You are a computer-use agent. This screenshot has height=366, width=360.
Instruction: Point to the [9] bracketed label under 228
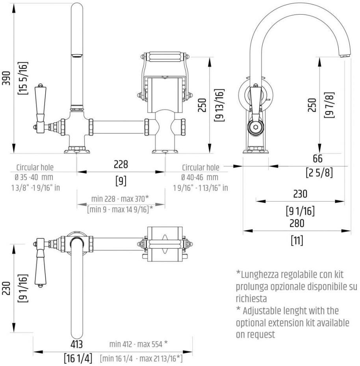(121, 181)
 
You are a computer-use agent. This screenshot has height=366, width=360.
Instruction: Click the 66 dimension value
(317, 159)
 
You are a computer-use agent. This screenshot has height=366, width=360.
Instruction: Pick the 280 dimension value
(297, 223)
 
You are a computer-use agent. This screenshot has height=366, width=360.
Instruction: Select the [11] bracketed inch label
(297, 240)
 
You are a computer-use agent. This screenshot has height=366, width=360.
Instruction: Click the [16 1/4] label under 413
(78, 359)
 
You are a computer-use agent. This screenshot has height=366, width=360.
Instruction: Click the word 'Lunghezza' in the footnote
(262, 274)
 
